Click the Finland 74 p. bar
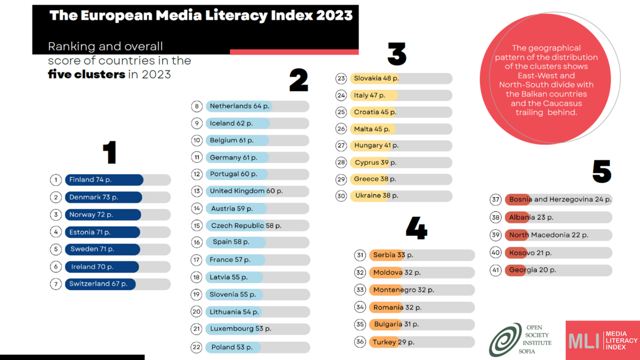118,180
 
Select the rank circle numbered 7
55,284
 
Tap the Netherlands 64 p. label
239,106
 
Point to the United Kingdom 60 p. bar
258,191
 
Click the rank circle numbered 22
197,347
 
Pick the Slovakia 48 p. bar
401,78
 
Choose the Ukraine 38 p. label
377,196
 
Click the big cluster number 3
397,54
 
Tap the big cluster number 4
417,228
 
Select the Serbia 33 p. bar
422,255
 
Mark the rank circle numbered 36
360,342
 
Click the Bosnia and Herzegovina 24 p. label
561,199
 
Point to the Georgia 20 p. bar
558,270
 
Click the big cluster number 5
602,171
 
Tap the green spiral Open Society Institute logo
505,340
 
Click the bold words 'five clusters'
86,75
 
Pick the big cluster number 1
110,153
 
